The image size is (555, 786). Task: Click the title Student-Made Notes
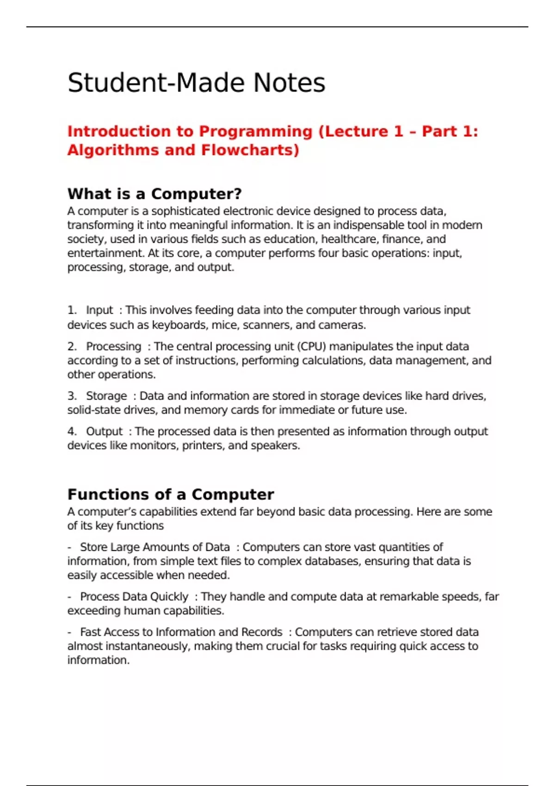click(196, 83)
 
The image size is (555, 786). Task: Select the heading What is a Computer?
click(154, 194)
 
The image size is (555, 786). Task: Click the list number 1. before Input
click(72, 310)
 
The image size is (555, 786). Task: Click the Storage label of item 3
click(106, 396)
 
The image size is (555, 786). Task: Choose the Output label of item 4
click(105, 431)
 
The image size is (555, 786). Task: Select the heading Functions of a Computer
click(171, 494)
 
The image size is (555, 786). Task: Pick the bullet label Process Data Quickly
click(134, 597)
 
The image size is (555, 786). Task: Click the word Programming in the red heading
click(256, 132)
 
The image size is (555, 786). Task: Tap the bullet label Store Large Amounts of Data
click(155, 547)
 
